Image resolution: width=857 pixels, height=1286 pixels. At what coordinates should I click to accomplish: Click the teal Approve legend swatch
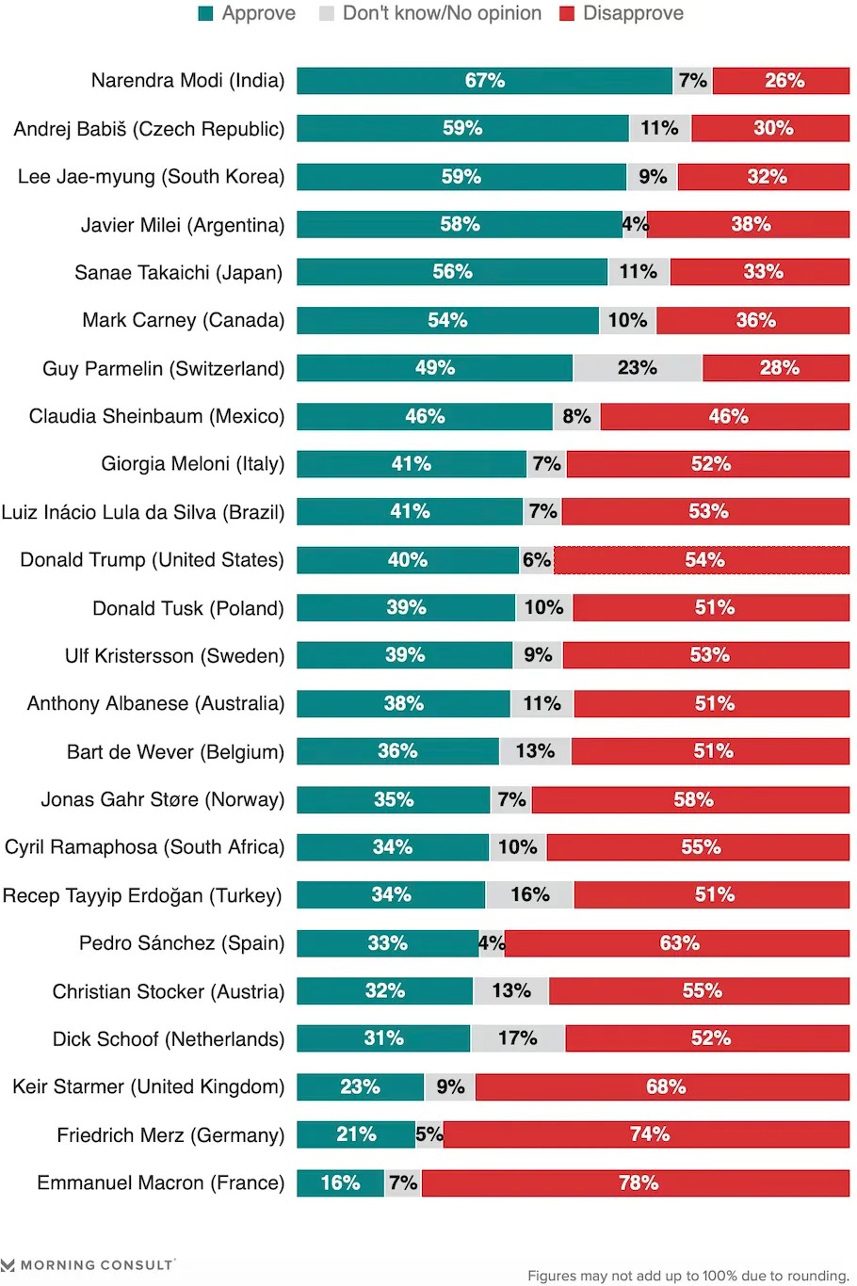coord(205,14)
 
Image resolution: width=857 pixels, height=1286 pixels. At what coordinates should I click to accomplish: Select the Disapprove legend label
coord(633,14)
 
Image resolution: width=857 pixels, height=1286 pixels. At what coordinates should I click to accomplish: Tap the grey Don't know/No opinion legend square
coord(327,14)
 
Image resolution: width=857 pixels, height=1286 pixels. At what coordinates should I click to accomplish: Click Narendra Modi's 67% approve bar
coord(484,81)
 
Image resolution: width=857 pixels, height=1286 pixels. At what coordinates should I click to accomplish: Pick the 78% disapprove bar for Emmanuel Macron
coord(637,1182)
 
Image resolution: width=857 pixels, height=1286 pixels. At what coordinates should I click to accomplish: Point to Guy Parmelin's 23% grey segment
coord(638,368)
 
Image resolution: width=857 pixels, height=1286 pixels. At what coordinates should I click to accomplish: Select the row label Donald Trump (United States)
coord(152,560)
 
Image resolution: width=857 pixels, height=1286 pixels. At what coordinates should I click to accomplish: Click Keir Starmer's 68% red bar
coord(663,1086)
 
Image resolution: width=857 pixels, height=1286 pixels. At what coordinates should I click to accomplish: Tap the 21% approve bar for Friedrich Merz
coord(356,1134)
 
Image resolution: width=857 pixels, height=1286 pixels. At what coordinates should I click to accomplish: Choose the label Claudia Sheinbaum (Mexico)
coord(156,416)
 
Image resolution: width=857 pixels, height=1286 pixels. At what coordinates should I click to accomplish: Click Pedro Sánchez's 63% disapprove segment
coord(678,943)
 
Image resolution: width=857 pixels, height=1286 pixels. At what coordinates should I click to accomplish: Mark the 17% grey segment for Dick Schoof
coord(518,1038)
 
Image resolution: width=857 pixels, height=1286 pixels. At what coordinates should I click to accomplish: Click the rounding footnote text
coord(687,1276)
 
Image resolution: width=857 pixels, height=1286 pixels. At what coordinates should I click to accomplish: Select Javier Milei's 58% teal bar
coord(460,224)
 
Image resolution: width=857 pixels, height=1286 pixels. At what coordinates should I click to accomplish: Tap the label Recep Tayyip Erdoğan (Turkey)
coord(142,895)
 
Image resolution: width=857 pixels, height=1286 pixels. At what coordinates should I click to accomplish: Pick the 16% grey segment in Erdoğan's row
coord(529,894)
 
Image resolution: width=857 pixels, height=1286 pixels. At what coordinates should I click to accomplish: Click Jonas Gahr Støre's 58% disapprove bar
coord(691,799)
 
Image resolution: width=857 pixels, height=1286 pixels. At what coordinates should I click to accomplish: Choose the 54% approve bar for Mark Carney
coord(447,320)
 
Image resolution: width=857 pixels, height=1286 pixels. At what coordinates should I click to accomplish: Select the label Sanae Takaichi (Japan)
coord(178,273)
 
